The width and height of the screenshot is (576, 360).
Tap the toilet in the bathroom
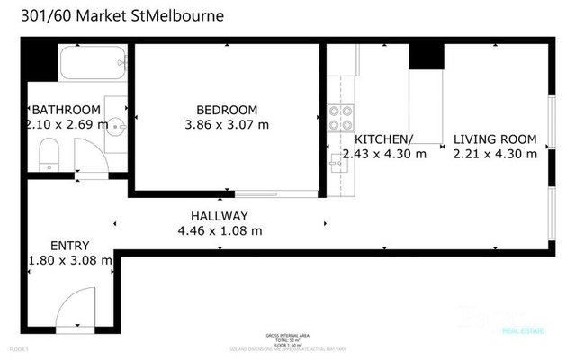click(51, 154)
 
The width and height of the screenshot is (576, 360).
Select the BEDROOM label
click(226, 109)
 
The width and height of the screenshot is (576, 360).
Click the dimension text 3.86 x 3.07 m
click(226, 124)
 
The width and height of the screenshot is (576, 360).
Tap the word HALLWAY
click(219, 216)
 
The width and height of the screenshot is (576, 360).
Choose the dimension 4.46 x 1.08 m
click(220, 230)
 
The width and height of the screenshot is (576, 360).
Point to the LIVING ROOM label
click(494, 139)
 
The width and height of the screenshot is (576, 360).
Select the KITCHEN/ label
click(383, 139)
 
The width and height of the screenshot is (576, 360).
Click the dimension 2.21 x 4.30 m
click(494, 154)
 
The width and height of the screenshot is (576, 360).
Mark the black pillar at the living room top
click(427, 56)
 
